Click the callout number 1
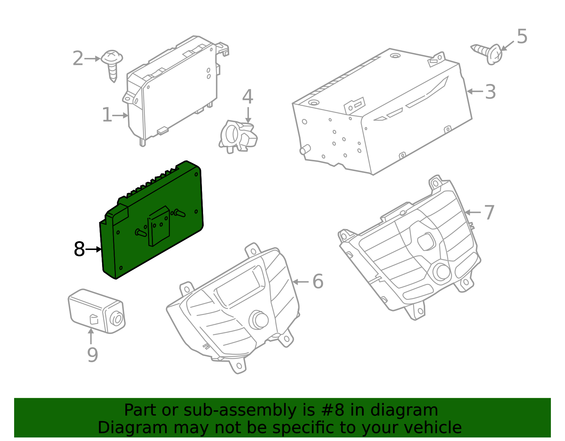(107, 115)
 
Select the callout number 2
(78, 58)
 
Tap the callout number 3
(490, 91)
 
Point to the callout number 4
(248, 96)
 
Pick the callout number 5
(522, 36)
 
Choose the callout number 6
(318, 281)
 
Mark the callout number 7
(489, 212)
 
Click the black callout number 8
(79, 249)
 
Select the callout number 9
(93, 355)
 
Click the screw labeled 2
(112, 65)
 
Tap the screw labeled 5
(488, 54)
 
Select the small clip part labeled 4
(238, 136)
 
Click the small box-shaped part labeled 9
(97, 311)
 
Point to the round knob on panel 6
(258, 320)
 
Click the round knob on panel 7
(441, 272)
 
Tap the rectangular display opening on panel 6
(240, 286)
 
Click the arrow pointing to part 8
(93, 249)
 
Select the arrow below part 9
(91, 336)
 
